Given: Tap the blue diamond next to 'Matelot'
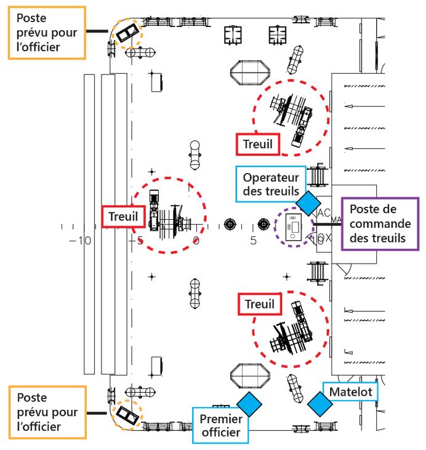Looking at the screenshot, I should click(x=319, y=403).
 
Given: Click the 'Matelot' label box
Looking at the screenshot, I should click(x=351, y=392).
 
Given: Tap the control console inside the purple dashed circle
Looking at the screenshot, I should click(x=293, y=227).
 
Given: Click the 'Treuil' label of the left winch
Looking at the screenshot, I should click(x=123, y=217).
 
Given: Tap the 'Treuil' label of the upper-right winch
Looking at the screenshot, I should click(x=258, y=144).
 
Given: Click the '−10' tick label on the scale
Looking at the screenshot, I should click(x=80, y=241).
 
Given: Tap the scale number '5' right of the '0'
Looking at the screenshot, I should click(x=253, y=241).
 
